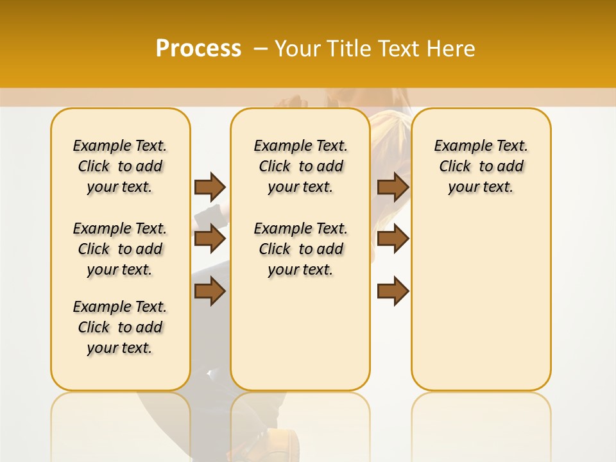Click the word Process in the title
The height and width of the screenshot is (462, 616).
198,49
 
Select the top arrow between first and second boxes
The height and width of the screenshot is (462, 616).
210,187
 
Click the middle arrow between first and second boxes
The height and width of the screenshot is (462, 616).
210,239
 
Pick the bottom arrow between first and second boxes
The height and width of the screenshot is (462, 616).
210,291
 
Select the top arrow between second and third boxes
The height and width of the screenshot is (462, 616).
393,187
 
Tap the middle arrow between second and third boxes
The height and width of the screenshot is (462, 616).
393,239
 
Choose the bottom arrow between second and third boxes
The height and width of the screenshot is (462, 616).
393,291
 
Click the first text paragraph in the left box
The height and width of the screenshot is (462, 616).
120,166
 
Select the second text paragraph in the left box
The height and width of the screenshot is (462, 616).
120,249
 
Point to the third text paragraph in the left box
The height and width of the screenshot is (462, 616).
120,327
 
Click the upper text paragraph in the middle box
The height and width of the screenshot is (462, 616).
300,166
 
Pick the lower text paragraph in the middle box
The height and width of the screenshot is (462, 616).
300,249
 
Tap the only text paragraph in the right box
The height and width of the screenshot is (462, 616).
481,166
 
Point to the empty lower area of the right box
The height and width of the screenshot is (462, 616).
481,302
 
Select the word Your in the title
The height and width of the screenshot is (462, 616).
298,49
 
